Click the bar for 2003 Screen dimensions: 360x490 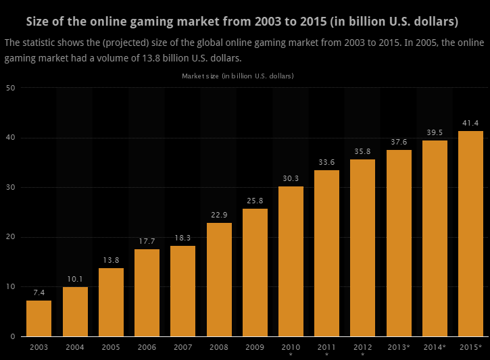click(39, 318)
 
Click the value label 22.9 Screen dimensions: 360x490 click(219, 215)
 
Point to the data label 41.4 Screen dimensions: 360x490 click(470, 123)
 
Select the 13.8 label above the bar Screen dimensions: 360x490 click(111, 260)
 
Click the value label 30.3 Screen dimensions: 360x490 click(291, 178)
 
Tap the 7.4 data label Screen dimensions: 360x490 click(39, 292)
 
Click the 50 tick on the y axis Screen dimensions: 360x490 click(11, 88)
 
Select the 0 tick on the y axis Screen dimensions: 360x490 click(13, 336)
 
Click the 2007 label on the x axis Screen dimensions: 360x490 click(182, 347)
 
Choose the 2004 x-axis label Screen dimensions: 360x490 click(75, 347)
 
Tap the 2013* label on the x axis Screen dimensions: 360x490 click(399, 347)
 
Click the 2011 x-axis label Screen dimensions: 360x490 click(326, 347)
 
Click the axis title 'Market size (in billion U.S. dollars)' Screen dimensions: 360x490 click(238, 76)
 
